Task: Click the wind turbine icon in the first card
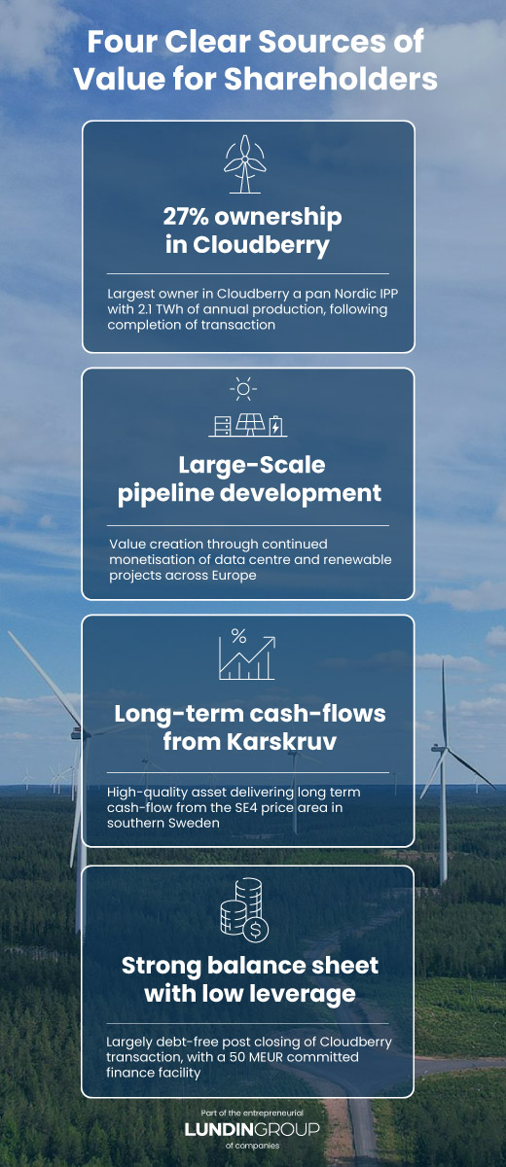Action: click(244, 164)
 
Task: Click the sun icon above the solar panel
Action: click(243, 389)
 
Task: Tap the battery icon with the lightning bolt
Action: click(275, 426)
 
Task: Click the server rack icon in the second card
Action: click(223, 426)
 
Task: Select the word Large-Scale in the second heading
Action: click(252, 465)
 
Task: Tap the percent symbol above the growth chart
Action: click(238, 636)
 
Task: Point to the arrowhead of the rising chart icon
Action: click(271, 641)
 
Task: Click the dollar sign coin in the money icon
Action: click(255, 930)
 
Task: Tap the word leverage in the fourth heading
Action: click(303, 994)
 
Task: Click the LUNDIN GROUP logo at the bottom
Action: click(252, 1129)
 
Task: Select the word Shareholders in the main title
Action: click(331, 79)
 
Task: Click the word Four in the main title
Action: click(122, 42)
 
